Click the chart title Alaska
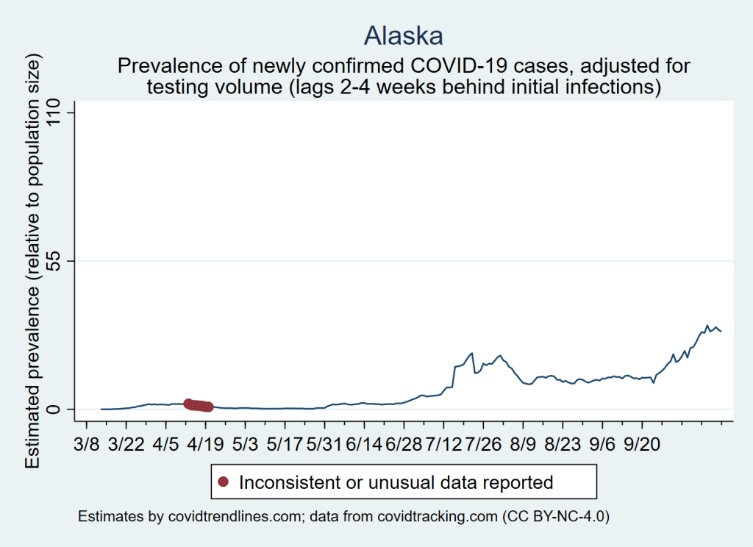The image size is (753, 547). [404, 35]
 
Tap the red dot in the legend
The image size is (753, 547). [224, 482]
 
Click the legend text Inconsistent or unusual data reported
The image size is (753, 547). [396, 482]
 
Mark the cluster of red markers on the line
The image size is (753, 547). [198, 404]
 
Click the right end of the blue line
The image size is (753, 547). [721, 332]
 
